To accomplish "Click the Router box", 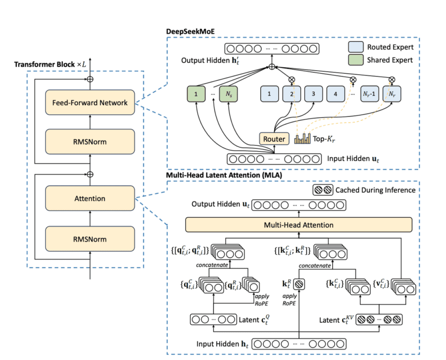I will coord(274,139).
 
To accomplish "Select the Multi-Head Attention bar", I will coord(298,224).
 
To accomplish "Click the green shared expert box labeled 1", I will coord(197,93).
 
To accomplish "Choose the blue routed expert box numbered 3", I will coord(313,93).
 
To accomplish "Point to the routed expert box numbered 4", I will coord(335,93).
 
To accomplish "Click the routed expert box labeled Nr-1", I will coord(370,93).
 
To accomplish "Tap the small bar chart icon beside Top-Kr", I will coord(303,139).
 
